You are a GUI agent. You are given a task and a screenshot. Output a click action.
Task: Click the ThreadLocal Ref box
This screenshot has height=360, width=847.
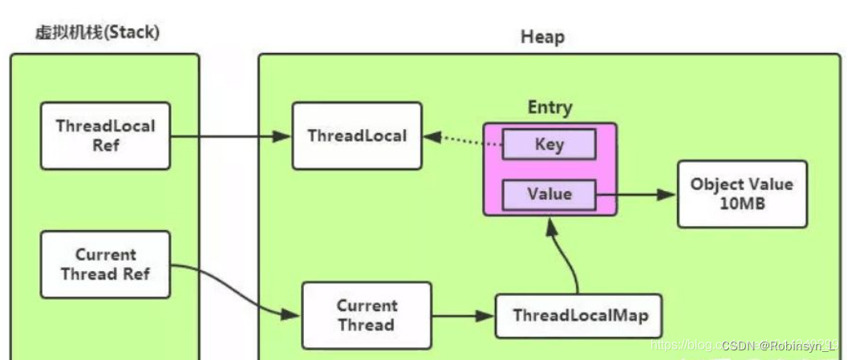[105, 136]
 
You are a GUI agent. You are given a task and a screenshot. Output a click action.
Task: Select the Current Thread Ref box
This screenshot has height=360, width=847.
[105, 265]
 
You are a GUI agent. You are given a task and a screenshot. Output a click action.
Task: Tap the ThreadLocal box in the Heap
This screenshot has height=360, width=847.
[357, 136]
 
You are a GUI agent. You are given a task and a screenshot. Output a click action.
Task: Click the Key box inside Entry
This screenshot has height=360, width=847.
[549, 144]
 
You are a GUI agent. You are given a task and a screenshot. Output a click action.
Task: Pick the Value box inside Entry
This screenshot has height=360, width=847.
[549, 194]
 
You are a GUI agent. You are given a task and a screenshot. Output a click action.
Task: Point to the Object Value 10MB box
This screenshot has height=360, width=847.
[741, 194]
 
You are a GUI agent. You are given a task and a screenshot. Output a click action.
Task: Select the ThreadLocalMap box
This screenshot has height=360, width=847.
[581, 314]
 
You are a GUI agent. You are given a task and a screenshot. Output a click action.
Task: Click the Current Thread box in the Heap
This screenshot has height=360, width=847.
[366, 315]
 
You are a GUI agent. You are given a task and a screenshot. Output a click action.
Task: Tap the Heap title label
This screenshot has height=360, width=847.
[542, 37]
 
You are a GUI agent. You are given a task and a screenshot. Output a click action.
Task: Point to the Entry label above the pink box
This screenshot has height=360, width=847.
[549, 107]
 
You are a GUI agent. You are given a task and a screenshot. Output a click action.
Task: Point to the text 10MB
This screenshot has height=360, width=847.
[741, 204]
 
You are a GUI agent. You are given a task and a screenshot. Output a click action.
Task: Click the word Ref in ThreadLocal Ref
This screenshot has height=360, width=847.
[105, 146]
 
